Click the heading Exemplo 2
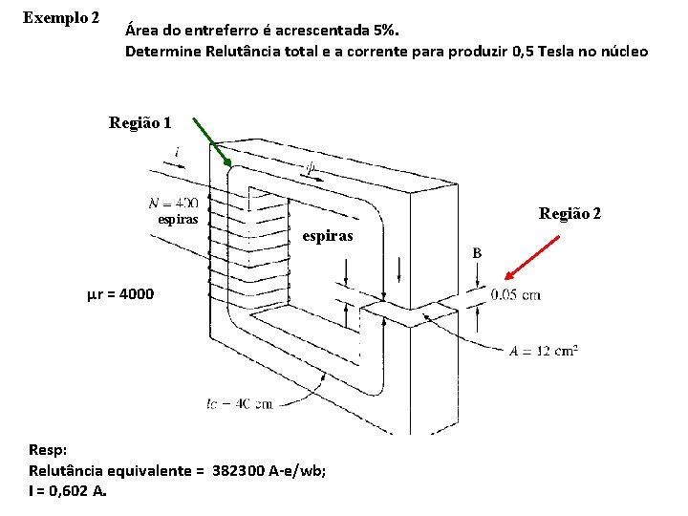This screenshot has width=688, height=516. click(61, 17)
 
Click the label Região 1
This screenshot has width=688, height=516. click(140, 122)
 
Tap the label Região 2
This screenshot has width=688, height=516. click(570, 213)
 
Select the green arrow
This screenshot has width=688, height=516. click(211, 140)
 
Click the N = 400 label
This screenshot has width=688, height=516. click(174, 202)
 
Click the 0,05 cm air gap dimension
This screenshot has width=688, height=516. click(515, 294)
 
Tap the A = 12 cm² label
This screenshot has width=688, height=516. click(543, 351)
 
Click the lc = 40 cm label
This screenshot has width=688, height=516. click(239, 404)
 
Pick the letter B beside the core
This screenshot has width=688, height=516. click(477, 253)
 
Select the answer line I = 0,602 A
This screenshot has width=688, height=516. click(68, 491)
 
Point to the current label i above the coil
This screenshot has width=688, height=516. click(178, 152)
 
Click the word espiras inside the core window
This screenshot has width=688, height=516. click(328, 235)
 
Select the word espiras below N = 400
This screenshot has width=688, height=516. click(178, 219)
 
